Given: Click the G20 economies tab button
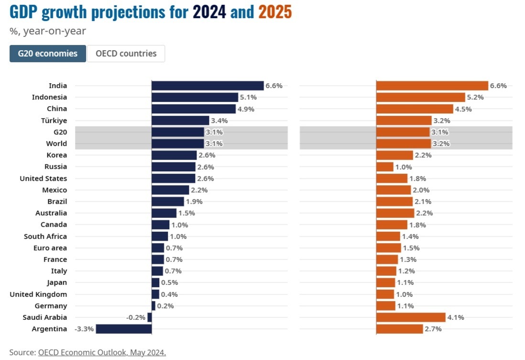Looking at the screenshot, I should coord(48,54).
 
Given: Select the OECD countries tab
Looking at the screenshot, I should coord(126,54).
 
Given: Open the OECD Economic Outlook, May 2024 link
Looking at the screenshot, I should coord(102,352).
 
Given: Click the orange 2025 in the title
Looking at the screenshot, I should coord(275,12).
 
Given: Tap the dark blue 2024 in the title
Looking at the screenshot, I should coord(209,12).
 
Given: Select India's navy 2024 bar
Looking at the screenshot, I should coord(208,86).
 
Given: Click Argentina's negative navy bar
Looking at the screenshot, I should coord(124,329).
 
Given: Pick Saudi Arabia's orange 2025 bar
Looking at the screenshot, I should coord(411,317).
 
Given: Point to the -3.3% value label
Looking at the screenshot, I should coord(84,329).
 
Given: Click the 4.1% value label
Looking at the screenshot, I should coord(456,317).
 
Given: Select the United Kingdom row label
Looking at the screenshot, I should coord(38,295).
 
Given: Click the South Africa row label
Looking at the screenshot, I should coord(45,236).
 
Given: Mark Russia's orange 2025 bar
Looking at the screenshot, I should coord(385,167).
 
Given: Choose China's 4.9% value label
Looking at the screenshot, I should coord(246,109).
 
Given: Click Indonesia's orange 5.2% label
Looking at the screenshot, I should coord(475,97).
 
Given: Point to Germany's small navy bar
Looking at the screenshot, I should coord(153,306).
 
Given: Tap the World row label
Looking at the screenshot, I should coord(57,143).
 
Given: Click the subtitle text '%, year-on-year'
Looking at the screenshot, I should coord(47,32).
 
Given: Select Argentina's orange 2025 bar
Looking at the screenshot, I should coord(400,329).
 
